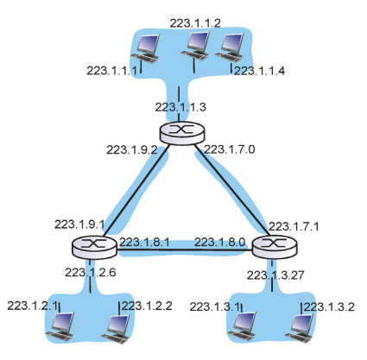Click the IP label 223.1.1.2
click(195, 23)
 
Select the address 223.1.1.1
click(112, 71)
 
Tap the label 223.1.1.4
click(259, 71)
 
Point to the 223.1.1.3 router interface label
click(180, 107)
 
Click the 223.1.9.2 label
click(132, 149)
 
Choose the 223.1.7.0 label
click(230, 149)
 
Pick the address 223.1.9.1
click(79, 224)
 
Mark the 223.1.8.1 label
click(144, 243)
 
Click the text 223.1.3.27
click(275, 275)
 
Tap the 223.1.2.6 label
click(91, 272)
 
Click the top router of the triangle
click(182, 133)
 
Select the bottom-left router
click(94, 247)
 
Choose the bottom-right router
click(275, 247)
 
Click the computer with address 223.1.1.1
click(145, 49)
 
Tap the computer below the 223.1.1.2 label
click(195, 46)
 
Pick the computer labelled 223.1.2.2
click(116, 329)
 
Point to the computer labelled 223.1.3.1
click(242, 326)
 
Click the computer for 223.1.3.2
click(299, 328)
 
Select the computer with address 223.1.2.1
click(60, 327)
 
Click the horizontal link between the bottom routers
click(184, 250)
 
